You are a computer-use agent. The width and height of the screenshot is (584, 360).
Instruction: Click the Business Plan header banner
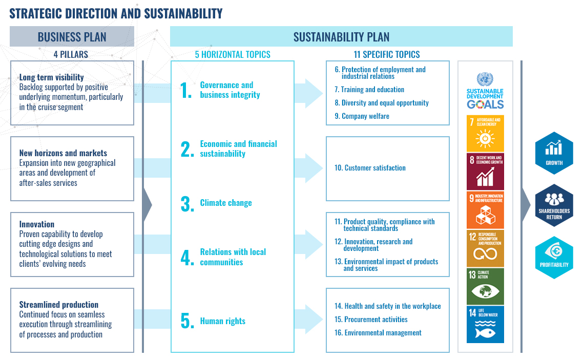72,36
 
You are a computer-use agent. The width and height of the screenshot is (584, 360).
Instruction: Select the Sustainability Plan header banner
341,36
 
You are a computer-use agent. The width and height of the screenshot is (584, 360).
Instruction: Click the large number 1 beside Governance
186,90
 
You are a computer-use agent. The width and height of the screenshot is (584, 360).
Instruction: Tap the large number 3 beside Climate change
187,204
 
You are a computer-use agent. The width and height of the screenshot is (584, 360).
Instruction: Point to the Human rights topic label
223,321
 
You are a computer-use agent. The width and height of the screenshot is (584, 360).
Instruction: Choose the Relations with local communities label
233,257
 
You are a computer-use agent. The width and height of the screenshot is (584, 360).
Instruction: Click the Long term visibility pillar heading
51,77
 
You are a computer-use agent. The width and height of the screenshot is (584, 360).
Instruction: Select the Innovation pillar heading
37,224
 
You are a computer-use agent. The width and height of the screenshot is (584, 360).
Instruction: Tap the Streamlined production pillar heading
59,305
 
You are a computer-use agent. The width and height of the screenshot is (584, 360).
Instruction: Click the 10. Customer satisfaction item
370,168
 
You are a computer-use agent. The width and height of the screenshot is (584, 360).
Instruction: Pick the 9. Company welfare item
362,116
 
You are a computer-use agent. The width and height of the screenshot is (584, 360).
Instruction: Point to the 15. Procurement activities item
371,320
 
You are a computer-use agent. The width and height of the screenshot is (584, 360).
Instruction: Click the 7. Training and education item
369,89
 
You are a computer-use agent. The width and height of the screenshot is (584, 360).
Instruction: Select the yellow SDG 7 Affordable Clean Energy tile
485,133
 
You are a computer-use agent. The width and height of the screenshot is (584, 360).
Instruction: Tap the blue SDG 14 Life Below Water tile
485,324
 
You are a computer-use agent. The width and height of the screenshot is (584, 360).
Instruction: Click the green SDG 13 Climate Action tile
485,286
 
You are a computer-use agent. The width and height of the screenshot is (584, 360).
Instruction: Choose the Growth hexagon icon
554,153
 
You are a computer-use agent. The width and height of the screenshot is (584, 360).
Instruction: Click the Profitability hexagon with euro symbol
554,257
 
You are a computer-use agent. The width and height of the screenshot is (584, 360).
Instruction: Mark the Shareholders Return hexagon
554,205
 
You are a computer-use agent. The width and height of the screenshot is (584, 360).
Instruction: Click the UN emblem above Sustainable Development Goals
485,79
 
